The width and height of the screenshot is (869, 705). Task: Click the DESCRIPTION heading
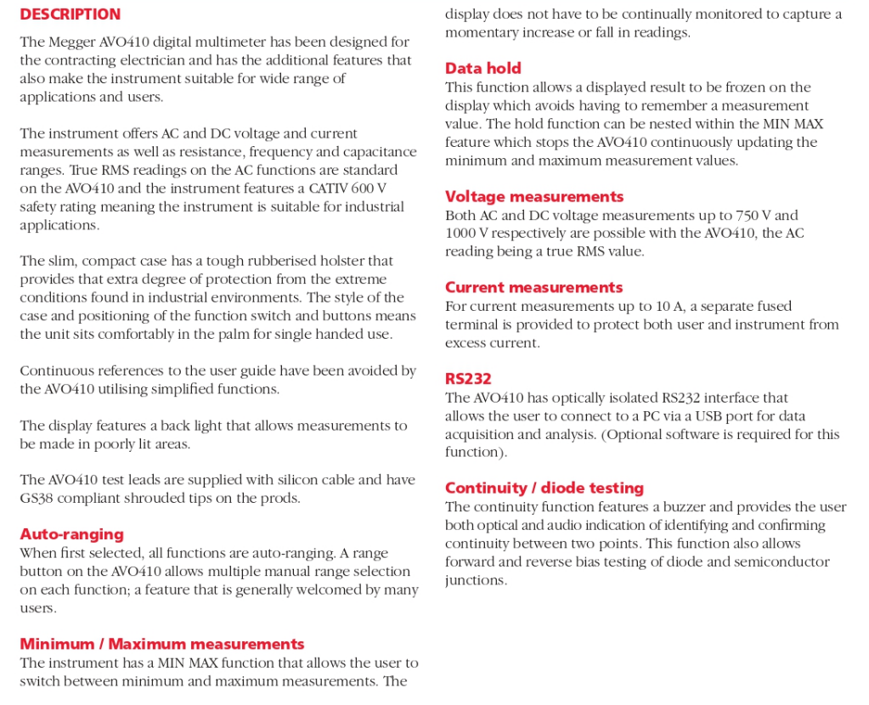pos(70,14)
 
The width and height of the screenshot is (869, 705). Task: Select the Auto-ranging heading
pos(71,534)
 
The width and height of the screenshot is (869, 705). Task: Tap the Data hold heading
pos(482,69)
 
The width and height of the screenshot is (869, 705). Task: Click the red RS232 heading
pos(468,379)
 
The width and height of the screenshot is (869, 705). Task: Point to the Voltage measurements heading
pos(533,197)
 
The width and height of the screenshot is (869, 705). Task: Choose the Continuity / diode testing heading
pos(544,488)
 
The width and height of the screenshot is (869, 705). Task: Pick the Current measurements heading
pos(533,288)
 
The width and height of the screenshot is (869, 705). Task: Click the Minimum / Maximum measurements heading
pos(161,644)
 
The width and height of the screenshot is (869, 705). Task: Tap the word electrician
pos(160,60)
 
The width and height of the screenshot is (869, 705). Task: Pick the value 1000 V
pos(466,234)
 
